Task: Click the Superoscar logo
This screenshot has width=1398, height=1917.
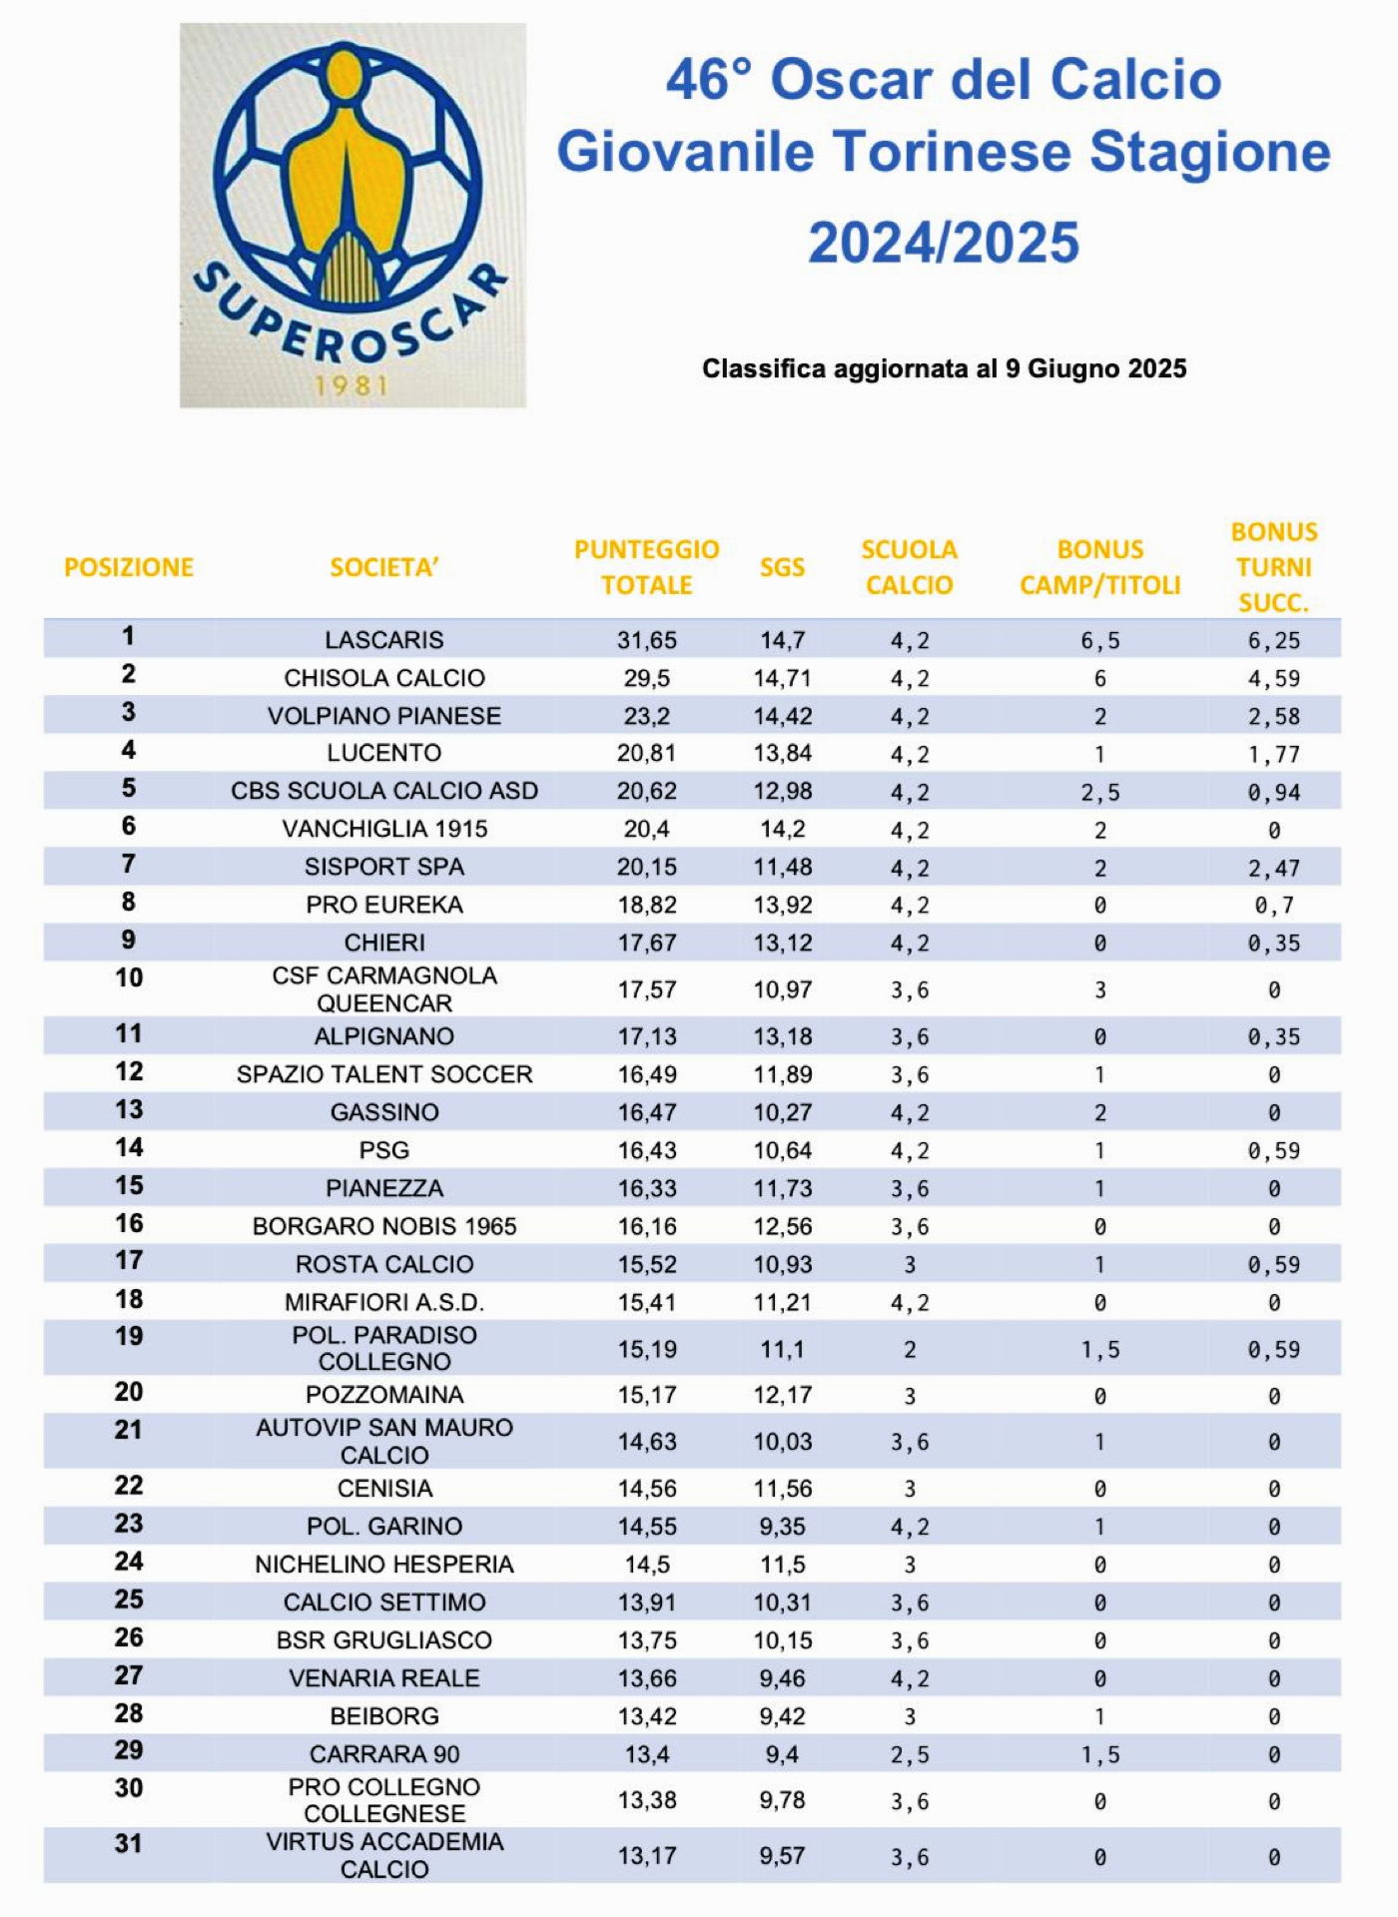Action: click(x=351, y=200)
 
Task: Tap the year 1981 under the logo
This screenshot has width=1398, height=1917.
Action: click(x=350, y=385)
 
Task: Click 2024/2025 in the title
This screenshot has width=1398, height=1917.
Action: click(x=943, y=243)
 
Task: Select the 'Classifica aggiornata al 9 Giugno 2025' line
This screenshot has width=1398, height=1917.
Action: click(x=944, y=368)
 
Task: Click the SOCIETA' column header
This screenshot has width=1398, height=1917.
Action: click(x=384, y=567)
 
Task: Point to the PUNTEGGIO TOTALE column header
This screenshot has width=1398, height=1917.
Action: click(x=646, y=567)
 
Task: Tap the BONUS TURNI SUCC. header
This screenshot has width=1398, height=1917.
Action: click(x=1273, y=567)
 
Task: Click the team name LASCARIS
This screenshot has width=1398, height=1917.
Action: click(x=384, y=640)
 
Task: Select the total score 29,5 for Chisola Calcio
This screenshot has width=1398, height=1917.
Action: click(x=646, y=678)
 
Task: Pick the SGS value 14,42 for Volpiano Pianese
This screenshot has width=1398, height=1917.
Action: click(x=782, y=716)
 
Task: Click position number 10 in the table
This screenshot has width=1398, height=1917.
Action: click(x=129, y=977)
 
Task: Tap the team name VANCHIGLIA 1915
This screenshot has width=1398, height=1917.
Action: click(x=384, y=829)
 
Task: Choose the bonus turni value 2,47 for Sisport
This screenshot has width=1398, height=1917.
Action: click(x=1273, y=868)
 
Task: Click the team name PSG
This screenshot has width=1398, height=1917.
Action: click(x=384, y=1150)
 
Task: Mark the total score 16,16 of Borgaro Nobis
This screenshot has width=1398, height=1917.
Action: click(x=646, y=1226)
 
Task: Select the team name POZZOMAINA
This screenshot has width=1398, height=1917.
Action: click(x=384, y=1395)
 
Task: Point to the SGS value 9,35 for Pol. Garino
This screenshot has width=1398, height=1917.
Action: click(x=782, y=1526)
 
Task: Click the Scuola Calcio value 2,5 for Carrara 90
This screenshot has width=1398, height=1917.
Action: click(x=909, y=1754)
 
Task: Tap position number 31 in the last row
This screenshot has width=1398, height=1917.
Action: click(x=129, y=1843)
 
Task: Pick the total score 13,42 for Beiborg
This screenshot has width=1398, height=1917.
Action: click(x=646, y=1716)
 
